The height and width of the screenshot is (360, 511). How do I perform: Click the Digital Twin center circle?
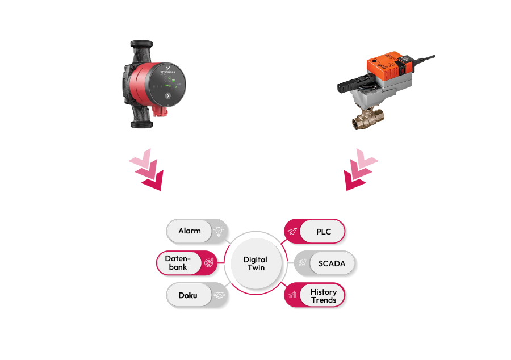pos(255,263)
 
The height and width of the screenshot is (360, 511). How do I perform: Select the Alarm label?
pos(190,231)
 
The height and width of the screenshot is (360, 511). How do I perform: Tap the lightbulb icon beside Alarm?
pos(219,231)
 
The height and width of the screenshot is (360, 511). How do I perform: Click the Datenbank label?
pos(178,263)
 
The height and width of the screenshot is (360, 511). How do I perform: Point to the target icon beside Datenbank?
pos(208,263)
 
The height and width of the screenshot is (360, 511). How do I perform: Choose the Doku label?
pos(188,296)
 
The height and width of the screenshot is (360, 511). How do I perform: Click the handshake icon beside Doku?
pos(219,296)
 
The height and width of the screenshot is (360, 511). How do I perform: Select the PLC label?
pos(323,232)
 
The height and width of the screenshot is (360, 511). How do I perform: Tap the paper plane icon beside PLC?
pos(292,231)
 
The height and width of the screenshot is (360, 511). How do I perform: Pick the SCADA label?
pos(332,263)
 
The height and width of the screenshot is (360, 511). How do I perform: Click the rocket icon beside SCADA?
pos(303,263)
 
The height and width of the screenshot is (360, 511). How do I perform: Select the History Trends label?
pos(323,296)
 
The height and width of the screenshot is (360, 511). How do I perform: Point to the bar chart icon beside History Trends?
pos(292,295)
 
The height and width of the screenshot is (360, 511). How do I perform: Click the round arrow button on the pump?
pos(167,96)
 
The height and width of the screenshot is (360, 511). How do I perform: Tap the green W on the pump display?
pos(173,81)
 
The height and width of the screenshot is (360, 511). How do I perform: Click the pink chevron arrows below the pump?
pos(146,170)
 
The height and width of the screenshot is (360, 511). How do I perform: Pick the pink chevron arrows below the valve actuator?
pos(360,170)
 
